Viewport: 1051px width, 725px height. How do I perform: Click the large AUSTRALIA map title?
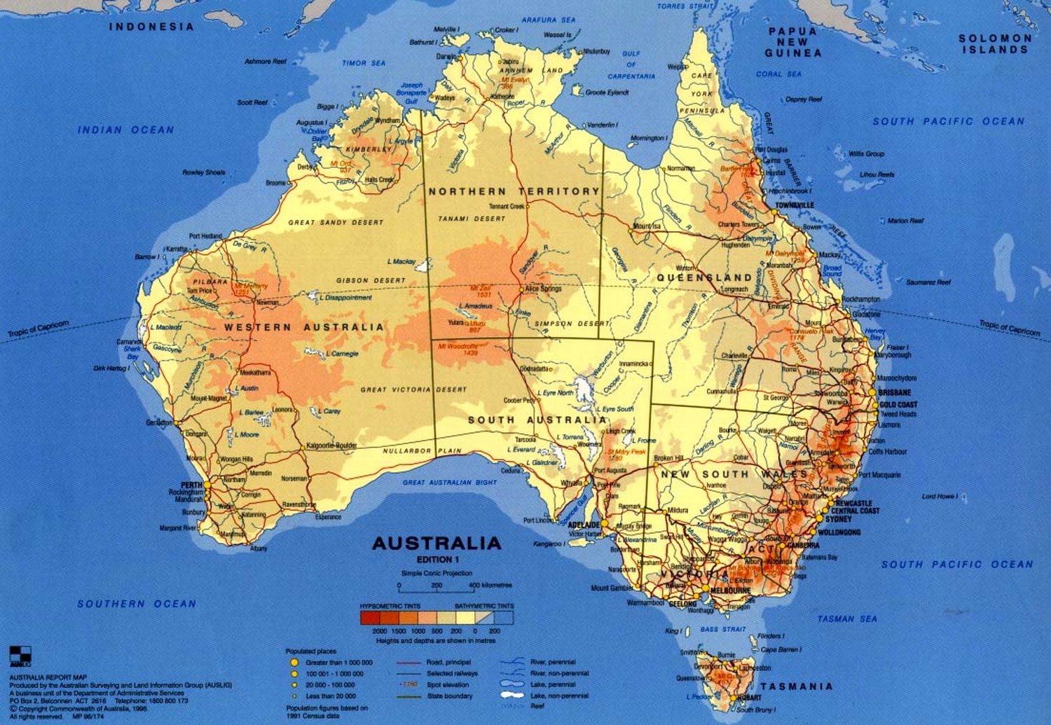coord(437,544)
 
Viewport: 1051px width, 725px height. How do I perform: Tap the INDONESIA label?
coord(151,27)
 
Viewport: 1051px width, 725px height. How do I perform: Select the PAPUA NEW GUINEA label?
coord(792,42)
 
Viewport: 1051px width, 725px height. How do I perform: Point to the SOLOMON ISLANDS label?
coord(995,44)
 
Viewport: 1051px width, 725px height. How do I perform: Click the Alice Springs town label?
coord(543,289)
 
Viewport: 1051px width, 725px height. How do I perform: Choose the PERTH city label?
coord(191,485)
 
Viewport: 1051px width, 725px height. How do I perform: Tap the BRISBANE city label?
coord(895,393)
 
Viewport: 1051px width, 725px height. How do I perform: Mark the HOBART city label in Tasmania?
coord(749,698)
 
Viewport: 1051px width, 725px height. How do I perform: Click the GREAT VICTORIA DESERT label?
coord(413,389)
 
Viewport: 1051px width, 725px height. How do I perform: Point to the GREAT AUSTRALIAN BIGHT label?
coord(449,483)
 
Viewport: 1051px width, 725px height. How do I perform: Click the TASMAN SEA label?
coord(846,619)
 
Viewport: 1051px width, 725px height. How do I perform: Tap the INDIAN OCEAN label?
coord(125,130)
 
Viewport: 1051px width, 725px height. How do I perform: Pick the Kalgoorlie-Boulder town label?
coord(331,446)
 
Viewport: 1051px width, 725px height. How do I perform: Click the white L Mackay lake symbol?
coord(422,265)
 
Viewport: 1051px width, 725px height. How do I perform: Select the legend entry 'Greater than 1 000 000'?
coord(338,662)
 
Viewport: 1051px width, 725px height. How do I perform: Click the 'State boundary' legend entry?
coord(449,696)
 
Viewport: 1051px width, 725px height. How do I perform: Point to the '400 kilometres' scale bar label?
coord(490,585)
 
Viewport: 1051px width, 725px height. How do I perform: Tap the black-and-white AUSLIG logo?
coord(20,656)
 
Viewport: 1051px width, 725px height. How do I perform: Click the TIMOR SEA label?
coord(364,63)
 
